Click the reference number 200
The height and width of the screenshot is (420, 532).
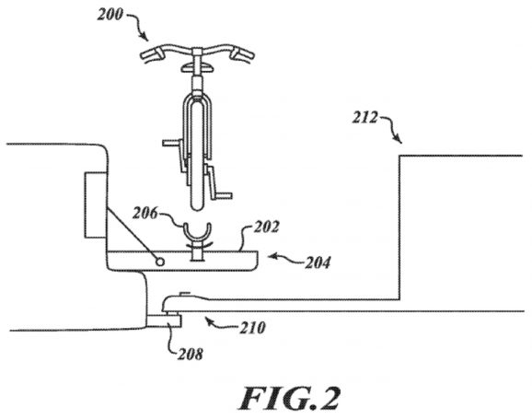click(x=110, y=15)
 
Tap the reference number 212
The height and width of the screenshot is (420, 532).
click(x=364, y=118)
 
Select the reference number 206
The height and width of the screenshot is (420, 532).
click(x=145, y=214)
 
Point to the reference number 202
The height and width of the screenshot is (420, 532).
click(x=267, y=227)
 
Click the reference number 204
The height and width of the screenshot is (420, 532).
click(x=318, y=262)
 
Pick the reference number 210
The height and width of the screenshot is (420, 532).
click(x=253, y=328)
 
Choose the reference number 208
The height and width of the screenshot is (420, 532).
click(x=191, y=354)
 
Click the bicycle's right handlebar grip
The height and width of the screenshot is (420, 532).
click(x=243, y=54)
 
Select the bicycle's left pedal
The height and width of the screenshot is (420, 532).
click(x=170, y=143)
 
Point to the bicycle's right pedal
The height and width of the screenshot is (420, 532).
click(x=225, y=195)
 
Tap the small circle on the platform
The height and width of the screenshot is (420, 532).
click(x=160, y=262)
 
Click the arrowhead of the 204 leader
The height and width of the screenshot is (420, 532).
click(x=272, y=256)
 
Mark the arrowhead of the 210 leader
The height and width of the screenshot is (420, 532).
click(x=208, y=320)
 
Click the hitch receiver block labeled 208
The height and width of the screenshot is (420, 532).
click(x=164, y=321)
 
